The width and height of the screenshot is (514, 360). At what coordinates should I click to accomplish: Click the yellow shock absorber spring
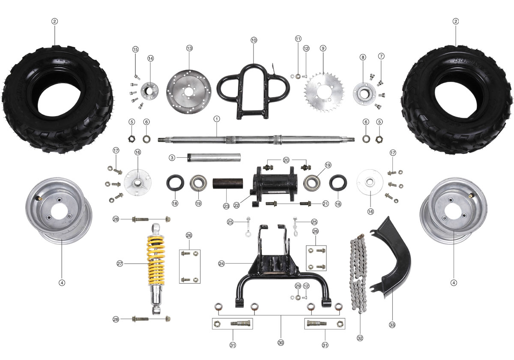(156, 260)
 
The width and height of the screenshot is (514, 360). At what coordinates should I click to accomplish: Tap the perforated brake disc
(189, 92)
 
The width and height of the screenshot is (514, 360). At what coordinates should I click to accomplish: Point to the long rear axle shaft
(256, 139)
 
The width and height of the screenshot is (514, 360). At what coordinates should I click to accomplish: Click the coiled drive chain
(359, 273)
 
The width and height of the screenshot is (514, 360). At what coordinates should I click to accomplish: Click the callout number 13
(189, 48)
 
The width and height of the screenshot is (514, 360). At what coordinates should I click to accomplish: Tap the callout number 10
(254, 40)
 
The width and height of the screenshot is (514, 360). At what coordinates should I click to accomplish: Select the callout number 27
(120, 264)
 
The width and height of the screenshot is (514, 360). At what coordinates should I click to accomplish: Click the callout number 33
(392, 325)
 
